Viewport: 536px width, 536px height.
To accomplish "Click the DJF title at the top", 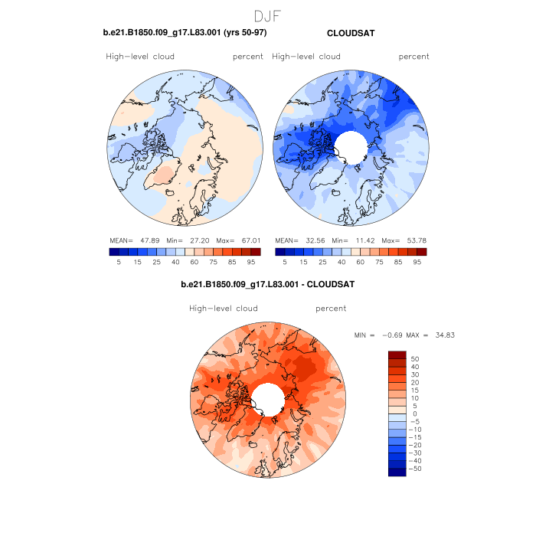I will pos(268,15).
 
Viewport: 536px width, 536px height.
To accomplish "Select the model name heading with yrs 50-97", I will pos(185,33).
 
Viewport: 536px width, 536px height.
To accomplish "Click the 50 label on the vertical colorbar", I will pos(416,358).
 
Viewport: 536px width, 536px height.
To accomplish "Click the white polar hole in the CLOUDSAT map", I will pos(351,143).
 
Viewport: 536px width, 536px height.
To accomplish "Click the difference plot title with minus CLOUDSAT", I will pos(267,285).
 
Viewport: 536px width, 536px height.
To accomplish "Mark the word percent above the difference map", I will pos(331,309).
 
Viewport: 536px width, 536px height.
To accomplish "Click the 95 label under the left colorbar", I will pos(251,261).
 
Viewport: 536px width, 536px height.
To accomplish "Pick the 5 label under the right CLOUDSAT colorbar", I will pos(285,261).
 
